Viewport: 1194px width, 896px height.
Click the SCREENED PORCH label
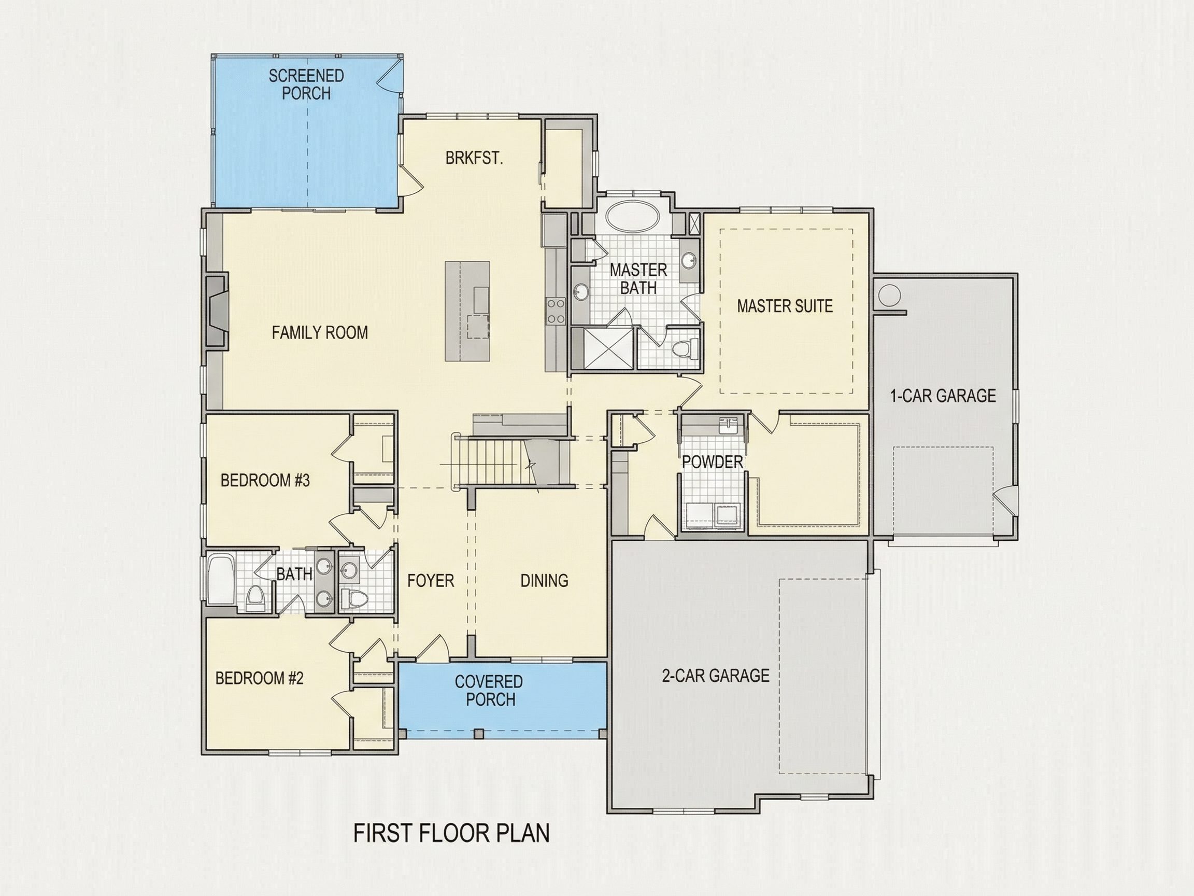tap(306, 84)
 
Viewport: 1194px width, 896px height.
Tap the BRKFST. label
tap(474, 158)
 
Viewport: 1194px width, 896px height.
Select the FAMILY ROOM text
tap(320, 332)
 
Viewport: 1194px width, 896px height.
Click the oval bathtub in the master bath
tap(633, 216)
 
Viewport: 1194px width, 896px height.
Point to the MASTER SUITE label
tap(784, 306)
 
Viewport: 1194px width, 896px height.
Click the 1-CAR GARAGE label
tap(943, 396)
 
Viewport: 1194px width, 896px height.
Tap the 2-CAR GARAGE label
tap(715, 676)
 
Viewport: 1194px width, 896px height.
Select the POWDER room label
tap(712, 462)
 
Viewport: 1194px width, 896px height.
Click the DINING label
tap(544, 581)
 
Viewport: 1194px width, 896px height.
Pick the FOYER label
tap(430, 581)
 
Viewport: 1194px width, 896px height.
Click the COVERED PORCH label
tap(489, 690)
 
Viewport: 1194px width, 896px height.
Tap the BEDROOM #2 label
tap(259, 678)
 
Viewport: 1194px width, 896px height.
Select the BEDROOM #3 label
tap(265, 480)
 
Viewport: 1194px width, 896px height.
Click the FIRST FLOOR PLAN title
tap(451, 833)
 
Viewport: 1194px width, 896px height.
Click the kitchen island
tap(467, 311)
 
